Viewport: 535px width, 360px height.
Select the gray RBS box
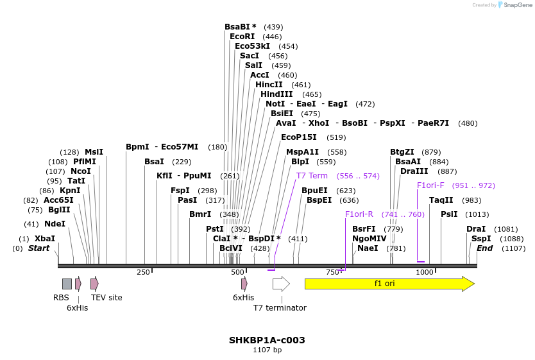[67, 284]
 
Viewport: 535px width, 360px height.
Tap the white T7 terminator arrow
[281, 284]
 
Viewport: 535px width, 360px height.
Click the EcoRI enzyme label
[242, 37]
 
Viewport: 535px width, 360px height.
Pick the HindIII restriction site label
[276, 94]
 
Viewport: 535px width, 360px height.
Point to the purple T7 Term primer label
[312, 176]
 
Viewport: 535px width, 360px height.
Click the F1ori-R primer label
[359, 214]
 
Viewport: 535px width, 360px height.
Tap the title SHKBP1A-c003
[267, 340]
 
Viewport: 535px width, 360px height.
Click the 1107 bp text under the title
[267, 350]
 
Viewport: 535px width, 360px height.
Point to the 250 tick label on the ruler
[143, 272]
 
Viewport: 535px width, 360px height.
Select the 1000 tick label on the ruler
[425, 272]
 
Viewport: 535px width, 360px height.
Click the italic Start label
[38, 248]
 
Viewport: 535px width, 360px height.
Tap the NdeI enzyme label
[55, 224]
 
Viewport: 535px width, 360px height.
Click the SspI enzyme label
[481, 239]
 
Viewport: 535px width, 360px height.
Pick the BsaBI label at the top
[240, 27]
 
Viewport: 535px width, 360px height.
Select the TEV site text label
[106, 298]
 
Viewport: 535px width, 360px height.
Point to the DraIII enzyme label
[414, 171]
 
